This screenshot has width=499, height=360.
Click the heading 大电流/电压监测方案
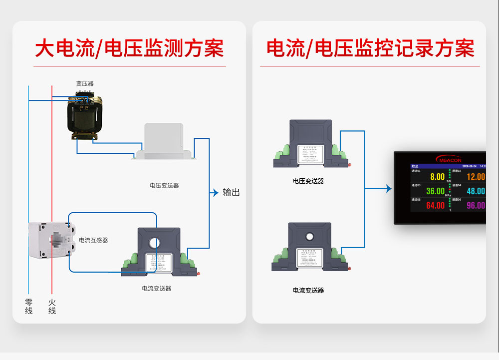(129, 48)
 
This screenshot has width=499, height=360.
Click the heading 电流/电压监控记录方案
(370, 48)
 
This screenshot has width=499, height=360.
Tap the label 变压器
(85, 83)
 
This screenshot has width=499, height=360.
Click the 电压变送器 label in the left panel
(164, 185)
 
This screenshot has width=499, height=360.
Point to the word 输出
(231, 192)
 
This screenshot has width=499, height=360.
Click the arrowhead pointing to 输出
(216, 192)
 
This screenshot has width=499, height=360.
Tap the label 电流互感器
(93, 240)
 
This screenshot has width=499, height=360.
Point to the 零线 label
(29, 307)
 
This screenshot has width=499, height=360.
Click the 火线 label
(52, 307)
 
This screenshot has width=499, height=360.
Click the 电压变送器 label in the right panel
(308, 181)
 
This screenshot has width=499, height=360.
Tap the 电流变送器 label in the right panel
(308, 290)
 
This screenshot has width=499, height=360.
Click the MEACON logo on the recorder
(451, 159)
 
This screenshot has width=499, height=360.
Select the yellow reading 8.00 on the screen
(437, 177)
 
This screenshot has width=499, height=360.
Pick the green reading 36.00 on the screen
(435, 191)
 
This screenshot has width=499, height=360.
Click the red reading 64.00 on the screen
(435, 206)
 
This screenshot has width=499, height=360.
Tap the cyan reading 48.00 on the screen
(476, 191)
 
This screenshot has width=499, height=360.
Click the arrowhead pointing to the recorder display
(389, 189)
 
